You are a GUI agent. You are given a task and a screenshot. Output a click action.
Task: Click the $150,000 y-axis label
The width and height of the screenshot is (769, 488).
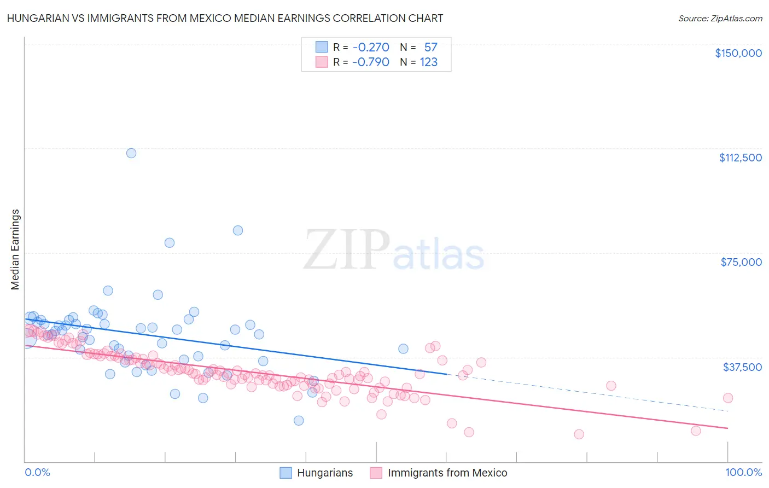tap(738, 53)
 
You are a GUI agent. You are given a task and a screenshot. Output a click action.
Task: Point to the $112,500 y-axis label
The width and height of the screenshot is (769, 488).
tap(740, 158)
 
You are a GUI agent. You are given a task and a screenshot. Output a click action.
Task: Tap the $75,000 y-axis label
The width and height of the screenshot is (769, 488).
tap(741, 262)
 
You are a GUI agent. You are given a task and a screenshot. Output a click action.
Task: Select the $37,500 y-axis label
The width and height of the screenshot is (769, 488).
tap(742, 367)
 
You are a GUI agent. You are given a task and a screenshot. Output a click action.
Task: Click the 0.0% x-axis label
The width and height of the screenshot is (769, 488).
tap(37, 472)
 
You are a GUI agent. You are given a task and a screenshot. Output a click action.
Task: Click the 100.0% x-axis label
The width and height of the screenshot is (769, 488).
tap(743, 472)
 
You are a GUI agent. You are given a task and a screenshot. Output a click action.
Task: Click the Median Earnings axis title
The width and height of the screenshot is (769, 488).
tap(15, 249)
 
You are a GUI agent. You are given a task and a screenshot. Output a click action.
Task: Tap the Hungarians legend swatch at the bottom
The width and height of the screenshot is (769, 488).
tap(286, 473)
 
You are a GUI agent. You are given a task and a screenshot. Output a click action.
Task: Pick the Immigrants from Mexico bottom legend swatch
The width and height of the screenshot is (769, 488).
tap(376, 473)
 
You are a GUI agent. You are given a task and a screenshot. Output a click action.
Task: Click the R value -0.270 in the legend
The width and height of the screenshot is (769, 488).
tap(371, 48)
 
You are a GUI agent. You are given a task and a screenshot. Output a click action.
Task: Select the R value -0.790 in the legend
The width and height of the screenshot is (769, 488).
tap(371, 62)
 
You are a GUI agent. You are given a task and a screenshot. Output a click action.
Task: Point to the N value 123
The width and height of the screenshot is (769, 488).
tap(429, 62)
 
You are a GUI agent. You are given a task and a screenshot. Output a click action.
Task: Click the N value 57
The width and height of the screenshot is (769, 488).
tap(431, 48)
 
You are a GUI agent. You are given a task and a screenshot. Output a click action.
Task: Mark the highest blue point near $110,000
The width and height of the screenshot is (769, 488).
tap(131, 153)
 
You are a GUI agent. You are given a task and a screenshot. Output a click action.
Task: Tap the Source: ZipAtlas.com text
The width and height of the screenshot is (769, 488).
tap(720, 19)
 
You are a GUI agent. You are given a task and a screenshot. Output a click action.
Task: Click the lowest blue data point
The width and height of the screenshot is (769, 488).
tap(299, 420)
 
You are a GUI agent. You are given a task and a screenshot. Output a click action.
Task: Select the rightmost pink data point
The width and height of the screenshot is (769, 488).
tap(728, 398)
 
